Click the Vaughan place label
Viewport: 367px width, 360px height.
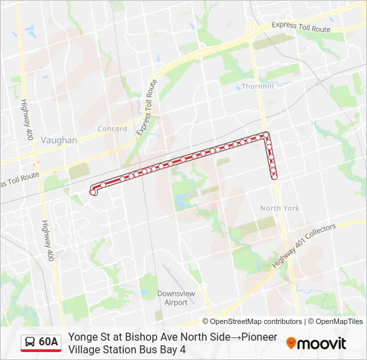tap(59, 140)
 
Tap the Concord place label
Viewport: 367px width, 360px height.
tap(112, 129)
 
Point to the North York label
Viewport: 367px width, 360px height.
tap(280, 208)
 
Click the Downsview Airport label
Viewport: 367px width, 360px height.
tap(172, 297)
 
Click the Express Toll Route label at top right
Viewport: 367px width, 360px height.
tap(301, 27)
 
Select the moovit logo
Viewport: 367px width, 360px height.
tap(316, 343)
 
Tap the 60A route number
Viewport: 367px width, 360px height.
tap(49, 342)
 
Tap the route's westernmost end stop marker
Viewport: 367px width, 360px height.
tap(93, 192)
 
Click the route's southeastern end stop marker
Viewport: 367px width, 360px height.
tap(274, 177)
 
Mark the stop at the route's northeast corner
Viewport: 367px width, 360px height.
tap(266, 135)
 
